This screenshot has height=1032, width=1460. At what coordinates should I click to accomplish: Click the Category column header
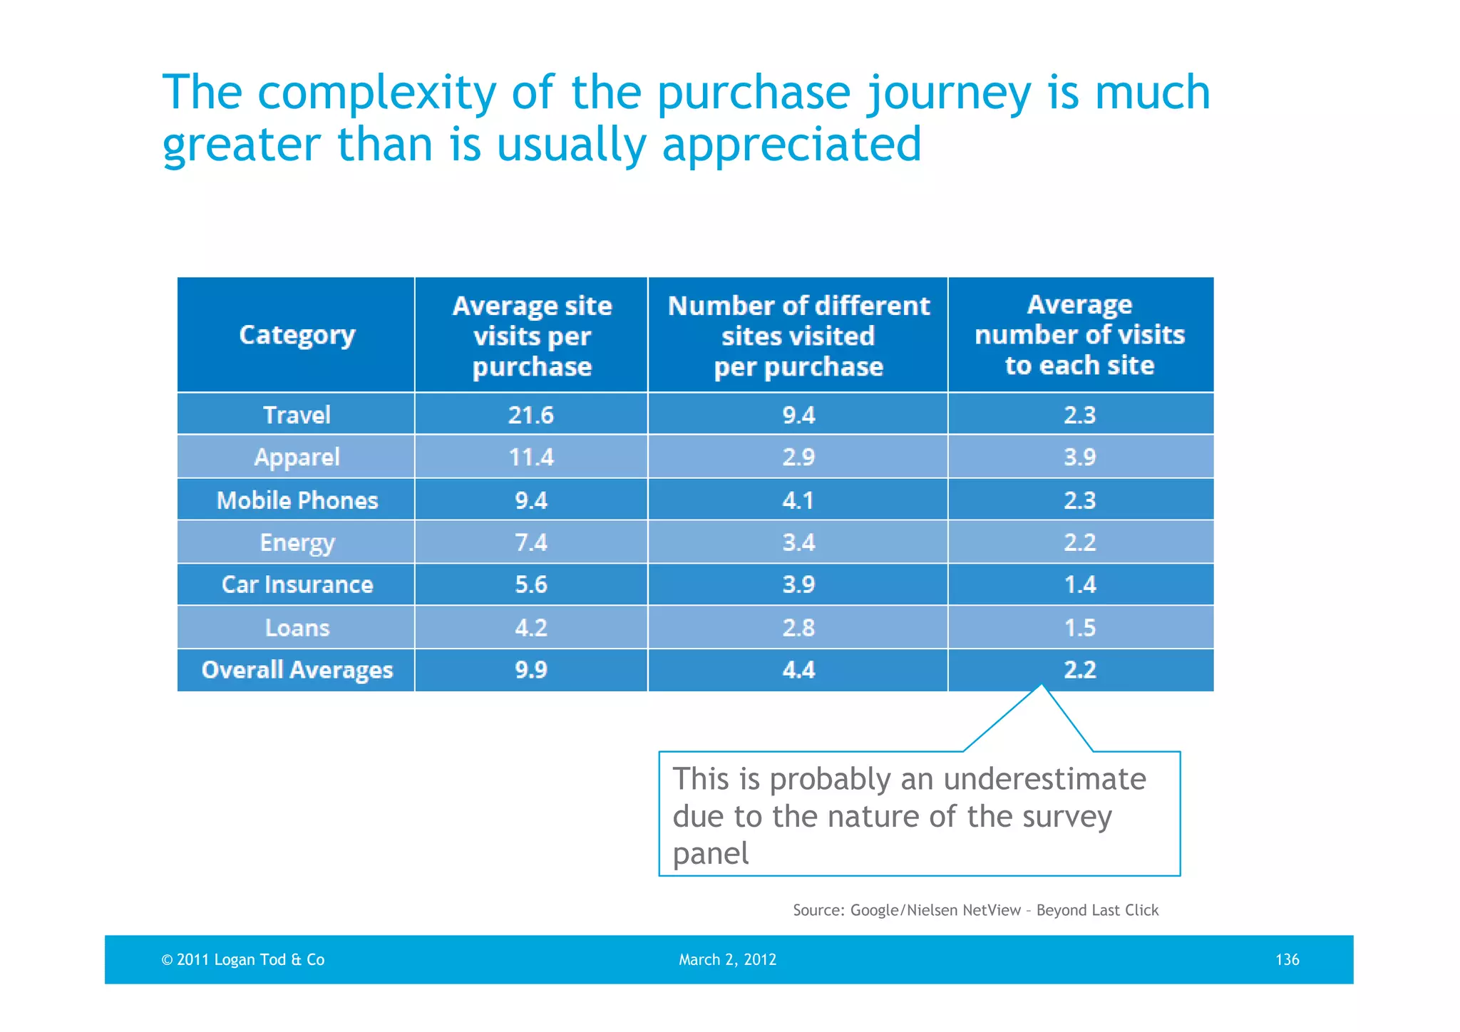[297, 335]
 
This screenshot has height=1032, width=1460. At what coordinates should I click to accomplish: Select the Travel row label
[297, 415]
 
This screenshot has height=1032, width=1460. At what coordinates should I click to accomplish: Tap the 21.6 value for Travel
[531, 415]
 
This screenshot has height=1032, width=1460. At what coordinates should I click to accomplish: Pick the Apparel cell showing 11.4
[531, 457]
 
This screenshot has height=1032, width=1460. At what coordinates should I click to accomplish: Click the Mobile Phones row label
[297, 500]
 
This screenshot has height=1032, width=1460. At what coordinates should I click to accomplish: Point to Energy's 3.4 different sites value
[798, 542]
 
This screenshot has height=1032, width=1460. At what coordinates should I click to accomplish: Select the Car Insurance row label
[297, 584]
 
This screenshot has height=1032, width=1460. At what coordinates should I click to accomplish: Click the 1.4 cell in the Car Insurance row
[1080, 584]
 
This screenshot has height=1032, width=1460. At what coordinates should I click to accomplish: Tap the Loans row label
[297, 628]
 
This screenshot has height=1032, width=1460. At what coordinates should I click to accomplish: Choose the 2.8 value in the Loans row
[798, 628]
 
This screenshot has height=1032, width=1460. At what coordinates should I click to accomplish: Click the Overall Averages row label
[297, 670]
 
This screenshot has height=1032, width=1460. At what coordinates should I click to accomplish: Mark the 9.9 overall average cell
[531, 670]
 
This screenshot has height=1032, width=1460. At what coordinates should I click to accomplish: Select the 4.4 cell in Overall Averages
[798, 670]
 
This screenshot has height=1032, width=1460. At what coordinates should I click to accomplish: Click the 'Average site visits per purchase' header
[532, 336]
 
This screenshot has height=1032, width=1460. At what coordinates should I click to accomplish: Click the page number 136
[1287, 959]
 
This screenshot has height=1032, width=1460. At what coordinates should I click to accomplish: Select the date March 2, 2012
[727, 959]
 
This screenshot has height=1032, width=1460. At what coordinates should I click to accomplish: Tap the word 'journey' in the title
[949, 93]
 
